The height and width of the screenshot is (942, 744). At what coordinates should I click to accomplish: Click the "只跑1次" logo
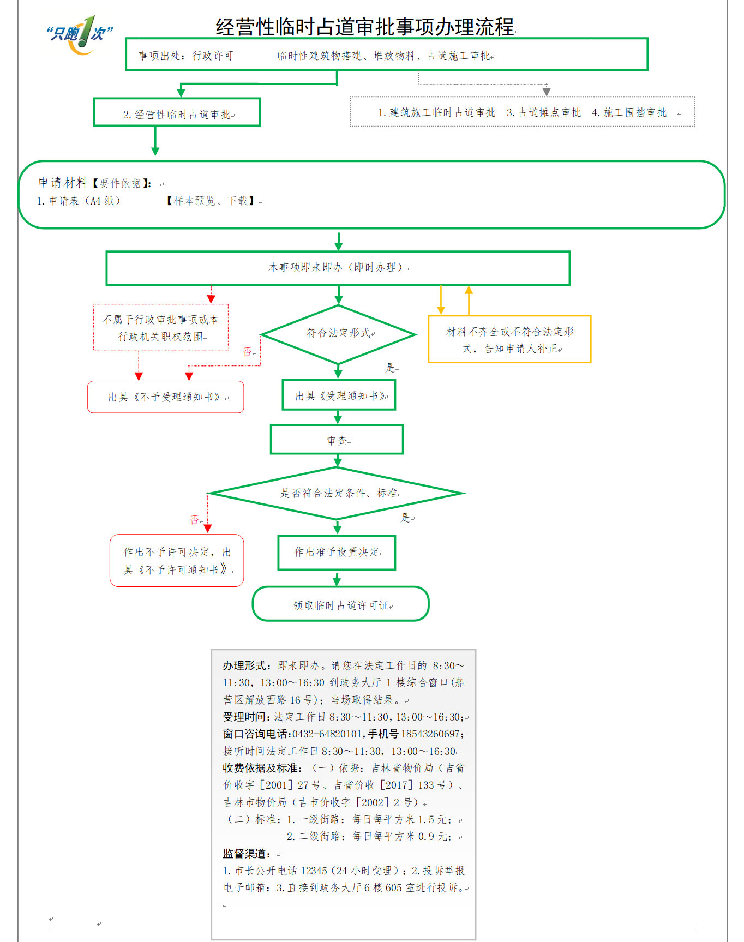point(80,34)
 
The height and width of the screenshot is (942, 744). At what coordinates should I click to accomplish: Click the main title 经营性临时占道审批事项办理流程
point(365,27)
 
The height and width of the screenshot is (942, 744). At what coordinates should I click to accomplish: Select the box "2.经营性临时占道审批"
point(177,112)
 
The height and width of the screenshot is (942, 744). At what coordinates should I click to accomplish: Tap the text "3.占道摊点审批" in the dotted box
point(544,112)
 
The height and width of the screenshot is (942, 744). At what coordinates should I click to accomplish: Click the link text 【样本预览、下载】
point(211,201)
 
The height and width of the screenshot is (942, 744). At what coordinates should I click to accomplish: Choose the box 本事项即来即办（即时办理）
point(338,268)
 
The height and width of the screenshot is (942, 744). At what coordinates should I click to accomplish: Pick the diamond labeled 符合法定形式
point(339,334)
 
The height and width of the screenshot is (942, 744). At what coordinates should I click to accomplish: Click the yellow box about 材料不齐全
point(509,339)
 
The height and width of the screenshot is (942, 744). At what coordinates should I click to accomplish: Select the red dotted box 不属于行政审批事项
point(161,327)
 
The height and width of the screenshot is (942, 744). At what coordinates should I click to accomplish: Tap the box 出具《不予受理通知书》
point(166,397)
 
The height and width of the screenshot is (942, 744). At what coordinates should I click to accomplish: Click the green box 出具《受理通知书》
point(339,395)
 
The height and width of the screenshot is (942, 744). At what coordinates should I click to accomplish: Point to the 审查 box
point(337,440)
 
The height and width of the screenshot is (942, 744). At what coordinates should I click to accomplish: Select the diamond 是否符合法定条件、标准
point(337,493)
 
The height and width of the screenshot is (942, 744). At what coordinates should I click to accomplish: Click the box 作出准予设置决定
point(337,553)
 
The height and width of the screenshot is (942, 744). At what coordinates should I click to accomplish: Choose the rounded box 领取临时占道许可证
point(341,604)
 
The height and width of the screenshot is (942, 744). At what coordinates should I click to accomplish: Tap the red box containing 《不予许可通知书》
point(177,561)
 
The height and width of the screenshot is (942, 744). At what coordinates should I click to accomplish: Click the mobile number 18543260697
point(430,734)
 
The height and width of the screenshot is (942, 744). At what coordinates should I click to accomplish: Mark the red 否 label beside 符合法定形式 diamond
point(248,352)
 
